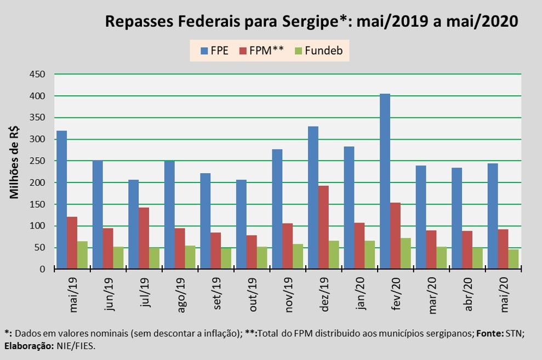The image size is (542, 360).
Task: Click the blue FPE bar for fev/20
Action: [x=385, y=181]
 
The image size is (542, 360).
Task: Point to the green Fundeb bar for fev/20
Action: [x=406, y=253]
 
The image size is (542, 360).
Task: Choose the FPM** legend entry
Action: [x=262, y=51]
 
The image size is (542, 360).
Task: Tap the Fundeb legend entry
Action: [x=317, y=51]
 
